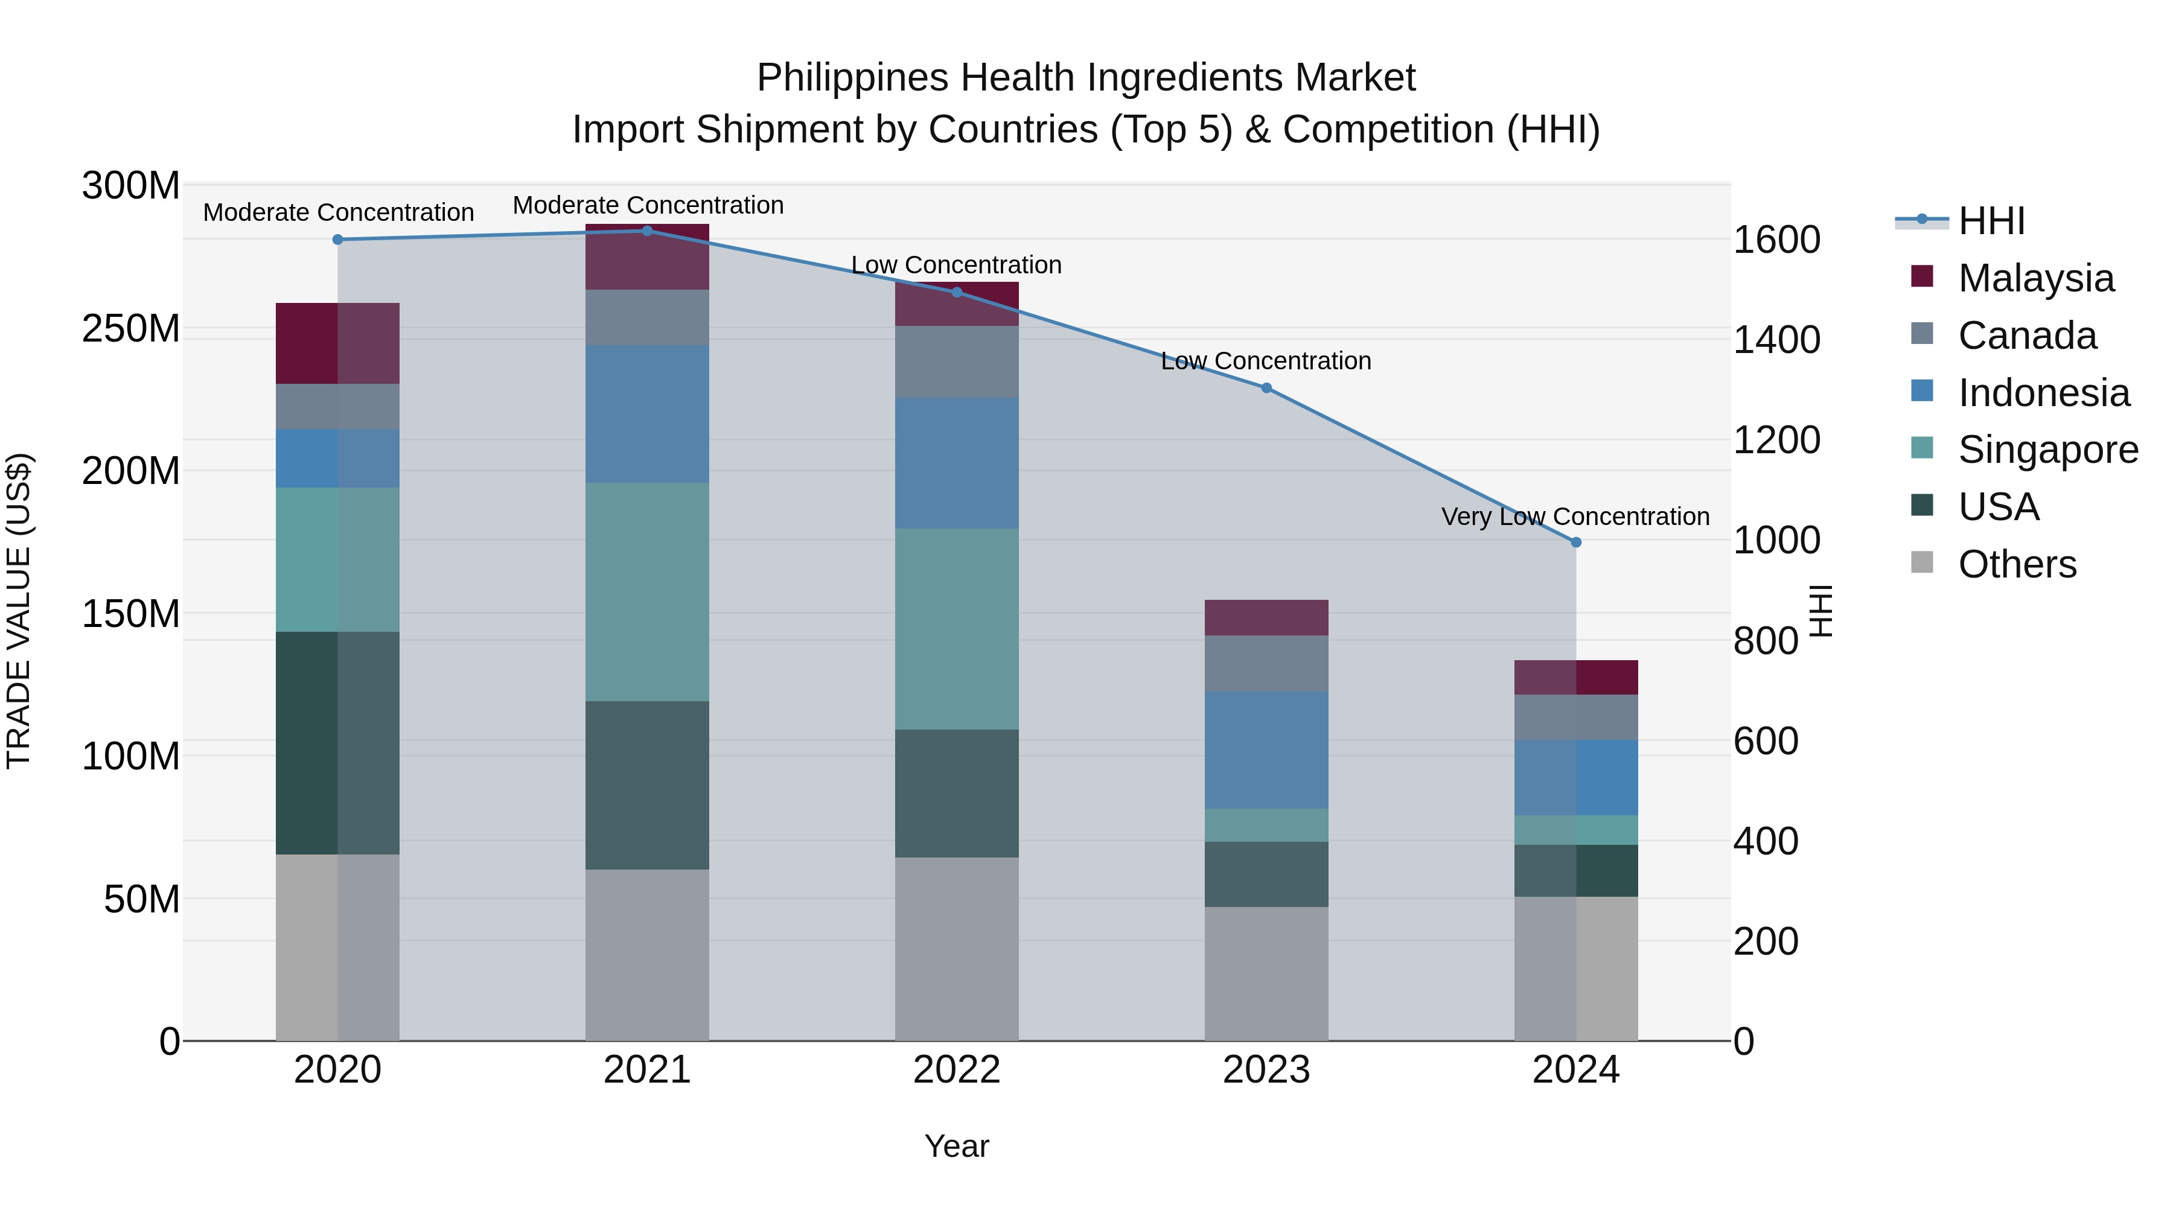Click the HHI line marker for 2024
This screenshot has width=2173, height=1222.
click(1576, 543)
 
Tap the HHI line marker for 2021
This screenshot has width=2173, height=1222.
click(647, 231)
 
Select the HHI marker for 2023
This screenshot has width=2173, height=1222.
click(1266, 388)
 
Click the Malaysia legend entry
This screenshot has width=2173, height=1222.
click(2035, 278)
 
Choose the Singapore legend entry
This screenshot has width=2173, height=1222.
click(2047, 450)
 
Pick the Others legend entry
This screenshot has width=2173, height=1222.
click(2017, 564)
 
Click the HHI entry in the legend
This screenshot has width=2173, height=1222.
click(1991, 221)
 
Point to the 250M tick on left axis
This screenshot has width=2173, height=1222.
click(131, 328)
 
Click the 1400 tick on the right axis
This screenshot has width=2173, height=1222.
click(1776, 340)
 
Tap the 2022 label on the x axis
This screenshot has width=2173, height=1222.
click(957, 1070)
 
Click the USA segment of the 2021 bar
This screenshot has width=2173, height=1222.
click(647, 784)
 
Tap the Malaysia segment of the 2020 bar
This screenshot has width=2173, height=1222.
click(337, 343)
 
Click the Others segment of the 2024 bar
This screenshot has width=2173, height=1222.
click(1576, 968)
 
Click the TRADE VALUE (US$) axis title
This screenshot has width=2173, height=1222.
click(19, 611)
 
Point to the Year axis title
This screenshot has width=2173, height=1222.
click(957, 1146)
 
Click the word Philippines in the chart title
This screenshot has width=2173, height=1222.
click(852, 78)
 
